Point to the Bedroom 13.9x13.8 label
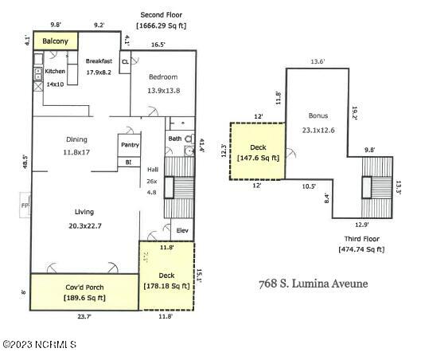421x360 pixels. coord(162,77)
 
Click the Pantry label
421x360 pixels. coord(130,145)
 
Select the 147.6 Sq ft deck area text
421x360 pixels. coord(258,158)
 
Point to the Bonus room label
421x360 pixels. coord(318,115)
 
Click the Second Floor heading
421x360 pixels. coord(162,15)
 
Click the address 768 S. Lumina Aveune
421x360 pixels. coord(314,284)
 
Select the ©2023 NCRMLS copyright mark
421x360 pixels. coord(39,344)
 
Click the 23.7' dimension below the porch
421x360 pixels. coord(84,315)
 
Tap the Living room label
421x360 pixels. coord(84,212)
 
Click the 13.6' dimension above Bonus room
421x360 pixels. coord(317,61)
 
